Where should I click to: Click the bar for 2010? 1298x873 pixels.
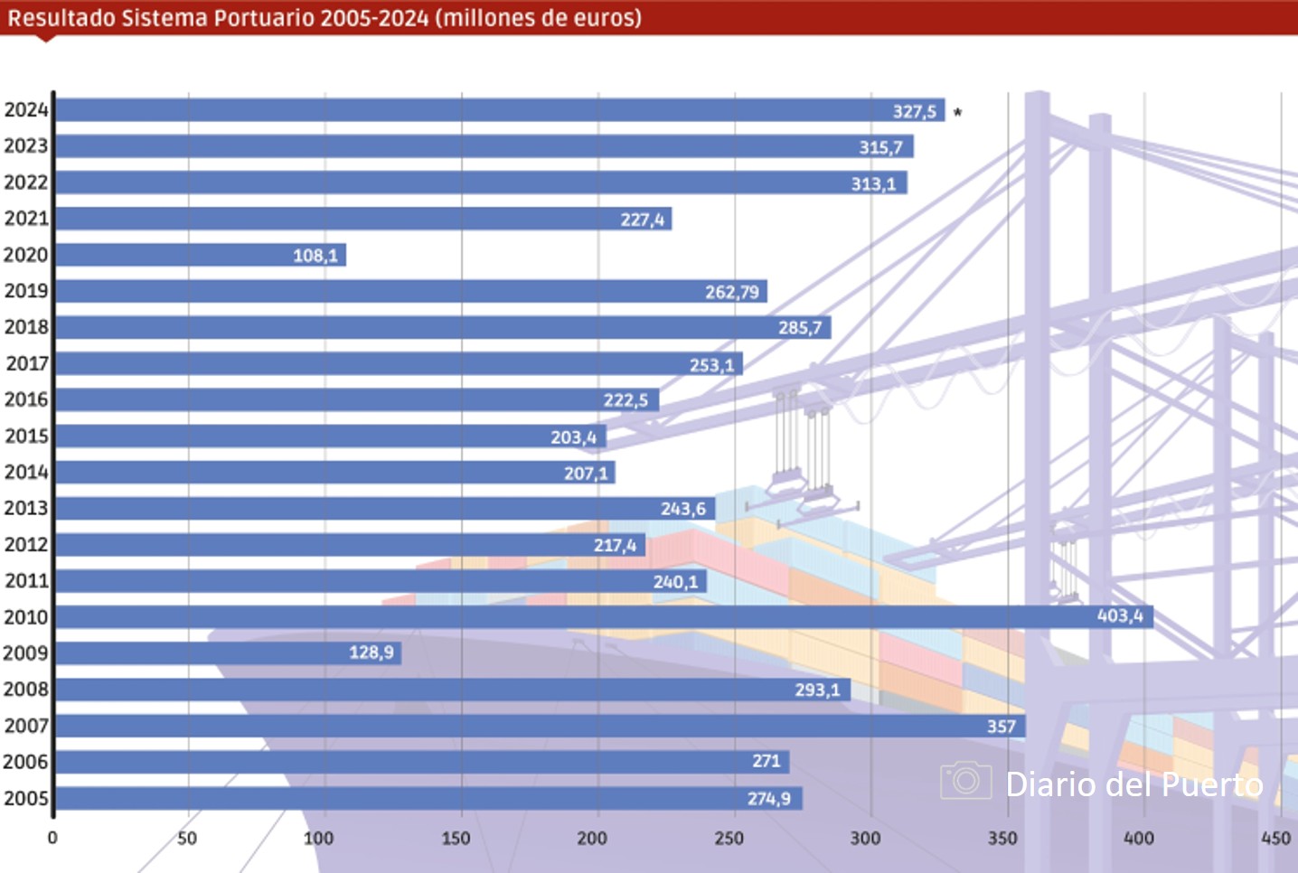click(x=604, y=617)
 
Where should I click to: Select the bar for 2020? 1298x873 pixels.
click(x=201, y=255)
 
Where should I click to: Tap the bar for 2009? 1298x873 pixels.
click(x=228, y=652)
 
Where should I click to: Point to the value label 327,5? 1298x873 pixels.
click(x=915, y=111)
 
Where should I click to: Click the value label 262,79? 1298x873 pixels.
click(x=732, y=292)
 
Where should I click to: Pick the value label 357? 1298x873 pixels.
click(x=1002, y=726)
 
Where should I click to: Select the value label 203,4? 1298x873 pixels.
click(x=574, y=437)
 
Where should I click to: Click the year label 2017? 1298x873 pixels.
click(x=27, y=363)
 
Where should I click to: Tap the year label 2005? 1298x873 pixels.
click(x=26, y=798)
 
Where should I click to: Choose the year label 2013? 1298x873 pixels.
click(x=26, y=508)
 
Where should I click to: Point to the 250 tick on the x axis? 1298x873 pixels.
click(x=729, y=838)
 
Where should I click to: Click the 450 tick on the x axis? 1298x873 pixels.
click(x=1276, y=838)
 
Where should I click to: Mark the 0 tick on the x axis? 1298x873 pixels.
click(x=52, y=838)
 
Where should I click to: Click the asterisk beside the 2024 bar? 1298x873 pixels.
click(x=958, y=113)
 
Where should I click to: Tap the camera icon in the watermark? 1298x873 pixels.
click(x=965, y=780)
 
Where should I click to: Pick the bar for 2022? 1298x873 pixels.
click(x=481, y=183)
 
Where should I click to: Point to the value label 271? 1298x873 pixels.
click(x=767, y=761)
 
